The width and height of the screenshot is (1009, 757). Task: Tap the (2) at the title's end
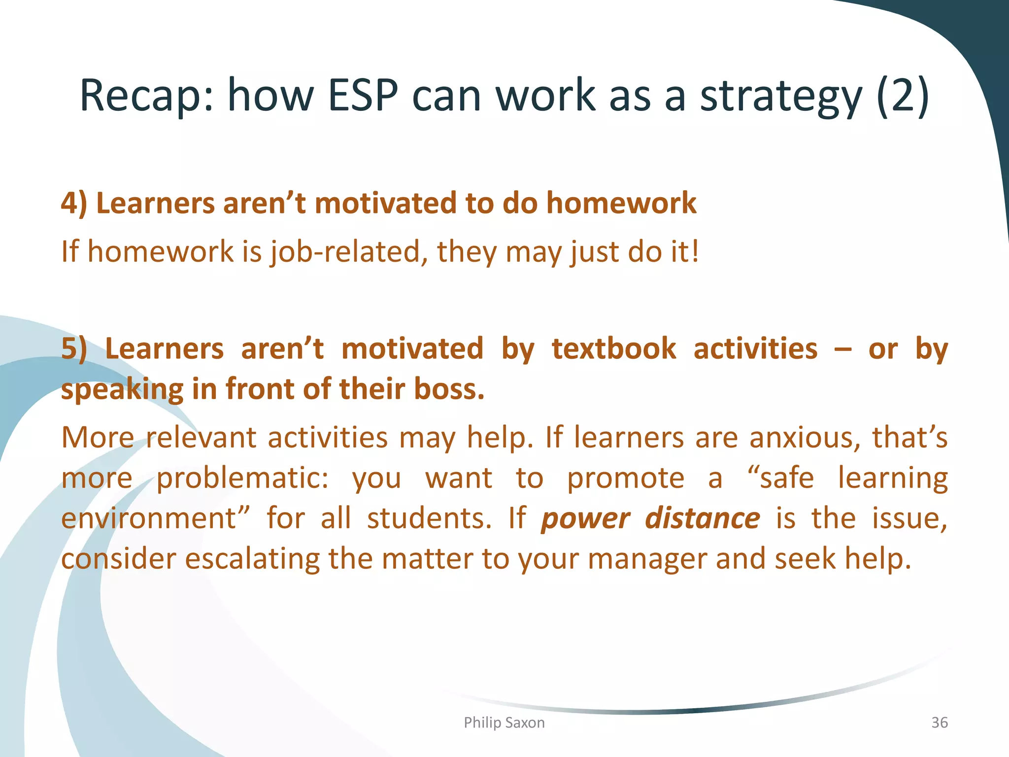tap(903, 96)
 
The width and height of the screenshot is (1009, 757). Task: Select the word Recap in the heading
tap(146, 97)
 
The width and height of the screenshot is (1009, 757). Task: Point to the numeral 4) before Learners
tap(74, 204)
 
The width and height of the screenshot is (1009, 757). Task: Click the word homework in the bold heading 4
tap(621, 203)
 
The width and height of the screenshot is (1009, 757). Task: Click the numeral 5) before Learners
tap(74, 349)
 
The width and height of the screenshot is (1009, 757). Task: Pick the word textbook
tap(614, 348)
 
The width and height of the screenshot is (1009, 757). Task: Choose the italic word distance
tap(702, 518)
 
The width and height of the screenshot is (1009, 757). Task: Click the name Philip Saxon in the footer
tap(504, 723)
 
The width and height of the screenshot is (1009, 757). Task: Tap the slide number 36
tap(939, 723)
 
